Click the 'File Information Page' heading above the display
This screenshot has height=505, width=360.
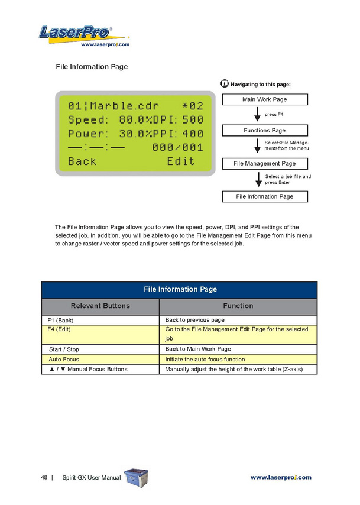(x=92, y=67)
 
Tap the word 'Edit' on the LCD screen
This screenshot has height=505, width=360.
(x=180, y=161)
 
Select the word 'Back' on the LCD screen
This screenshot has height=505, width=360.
(x=82, y=161)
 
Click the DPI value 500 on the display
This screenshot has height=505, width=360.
(x=192, y=121)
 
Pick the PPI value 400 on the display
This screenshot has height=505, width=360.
(x=192, y=134)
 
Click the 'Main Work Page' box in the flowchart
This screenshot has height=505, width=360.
(x=264, y=99)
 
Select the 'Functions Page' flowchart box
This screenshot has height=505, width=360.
(x=264, y=130)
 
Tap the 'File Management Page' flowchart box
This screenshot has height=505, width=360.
(x=264, y=163)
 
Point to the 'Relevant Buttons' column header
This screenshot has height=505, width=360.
(x=100, y=306)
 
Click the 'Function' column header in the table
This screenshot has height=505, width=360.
(x=238, y=306)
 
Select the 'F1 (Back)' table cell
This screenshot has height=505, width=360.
(x=100, y=320)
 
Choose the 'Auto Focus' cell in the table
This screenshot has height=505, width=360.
(x=100, y=359)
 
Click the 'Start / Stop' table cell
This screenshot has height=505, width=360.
(x=100, y=349)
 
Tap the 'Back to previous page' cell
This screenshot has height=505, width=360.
(x=238, y=320)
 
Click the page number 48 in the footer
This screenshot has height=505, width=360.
(x=44, y=477)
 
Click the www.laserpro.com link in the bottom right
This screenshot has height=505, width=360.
(x=281, y=477)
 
